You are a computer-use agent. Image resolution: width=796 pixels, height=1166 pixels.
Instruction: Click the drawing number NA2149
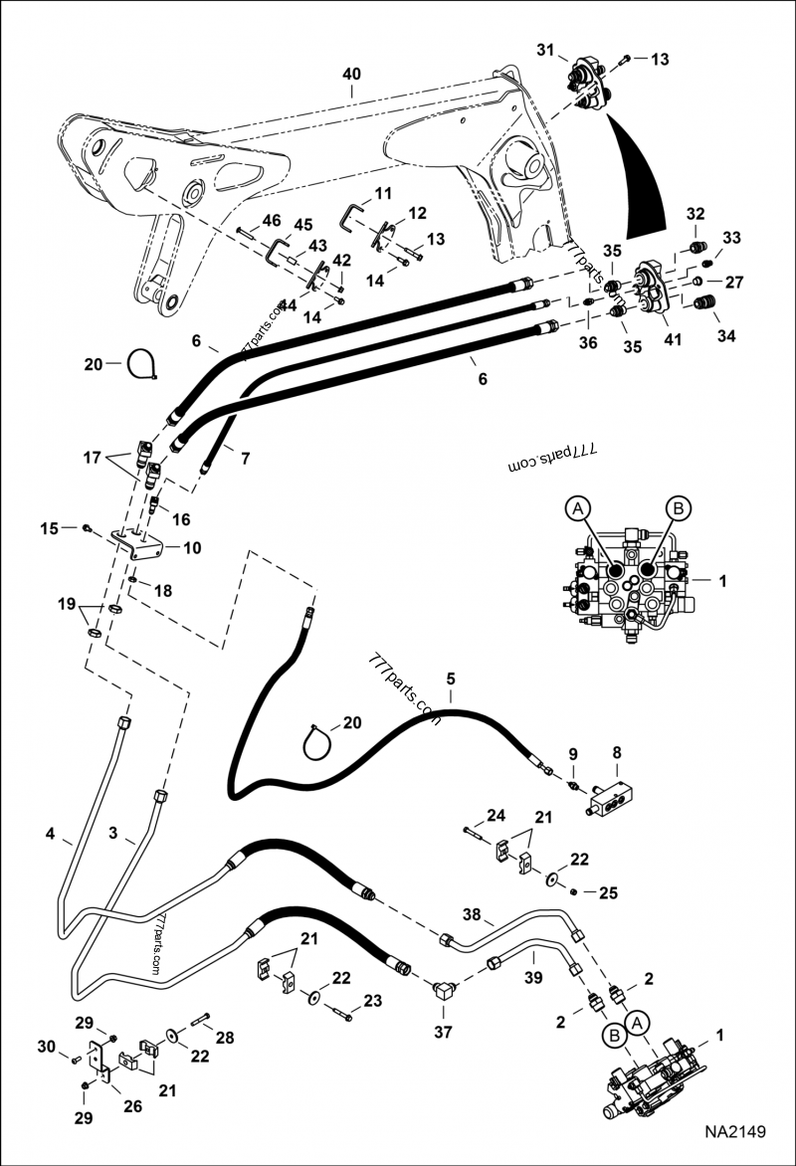735,1132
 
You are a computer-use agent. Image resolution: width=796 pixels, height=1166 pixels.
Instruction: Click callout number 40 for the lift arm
352,74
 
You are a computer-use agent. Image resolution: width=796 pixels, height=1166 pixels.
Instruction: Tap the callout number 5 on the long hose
451,680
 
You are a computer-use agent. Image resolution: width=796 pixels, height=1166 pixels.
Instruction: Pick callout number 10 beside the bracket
191,547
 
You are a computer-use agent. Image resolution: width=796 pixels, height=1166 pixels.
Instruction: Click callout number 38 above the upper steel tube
472,913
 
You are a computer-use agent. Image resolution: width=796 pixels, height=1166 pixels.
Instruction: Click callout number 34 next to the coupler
726,336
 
